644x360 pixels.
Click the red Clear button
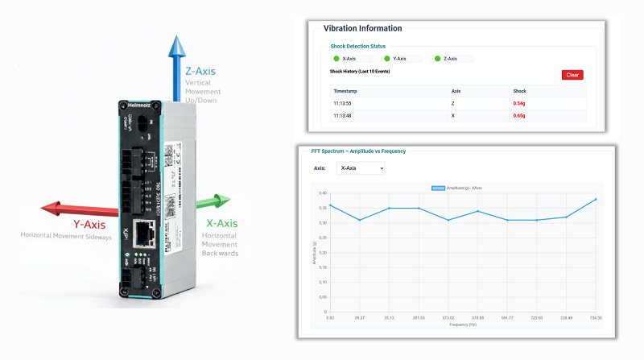(x=572, y=74)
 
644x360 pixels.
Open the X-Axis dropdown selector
(x=361, y=168)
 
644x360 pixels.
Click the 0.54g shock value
(x=520, y=104)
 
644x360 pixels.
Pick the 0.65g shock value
(x=520, y=116)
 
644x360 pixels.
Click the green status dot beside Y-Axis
(x=386, y=59)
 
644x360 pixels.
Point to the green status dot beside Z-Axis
(x=437, y=59)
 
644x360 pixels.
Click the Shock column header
(x=519, y=91)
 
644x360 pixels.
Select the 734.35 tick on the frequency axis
(x=595, y=319)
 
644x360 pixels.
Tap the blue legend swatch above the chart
(x=438, y=188)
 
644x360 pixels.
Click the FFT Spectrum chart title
(x=358, y=151)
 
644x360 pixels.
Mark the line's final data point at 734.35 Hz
(x=597, y=199)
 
